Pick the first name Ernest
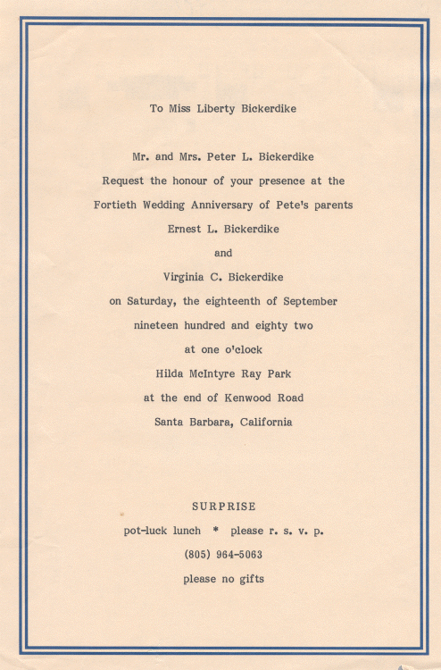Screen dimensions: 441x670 click(x=184, y=229)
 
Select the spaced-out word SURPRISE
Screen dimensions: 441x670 click(x=223, y=507)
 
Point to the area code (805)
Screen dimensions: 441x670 click(x=197, y=555)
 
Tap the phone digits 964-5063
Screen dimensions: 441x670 click(x=239, y=555)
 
